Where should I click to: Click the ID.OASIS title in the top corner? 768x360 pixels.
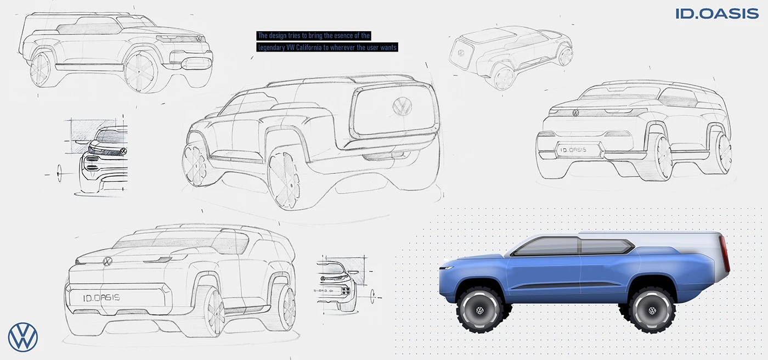click(x=717, y=14)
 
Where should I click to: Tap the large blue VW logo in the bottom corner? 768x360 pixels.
click(x=23, y=337)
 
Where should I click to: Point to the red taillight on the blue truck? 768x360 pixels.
click(x=725, y=255)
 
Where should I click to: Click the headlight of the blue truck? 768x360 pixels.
click(x=447, y=268)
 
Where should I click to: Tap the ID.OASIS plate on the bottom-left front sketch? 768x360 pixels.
click(x=101, y=298)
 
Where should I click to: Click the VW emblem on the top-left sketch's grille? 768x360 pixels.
click(x=199, y=39)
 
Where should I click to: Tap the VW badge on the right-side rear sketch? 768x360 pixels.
click(x=575, y=113)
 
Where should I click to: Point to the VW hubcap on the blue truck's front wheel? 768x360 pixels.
click(x=480, y=311)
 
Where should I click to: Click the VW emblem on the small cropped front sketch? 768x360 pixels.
click(x=123, y=151)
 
